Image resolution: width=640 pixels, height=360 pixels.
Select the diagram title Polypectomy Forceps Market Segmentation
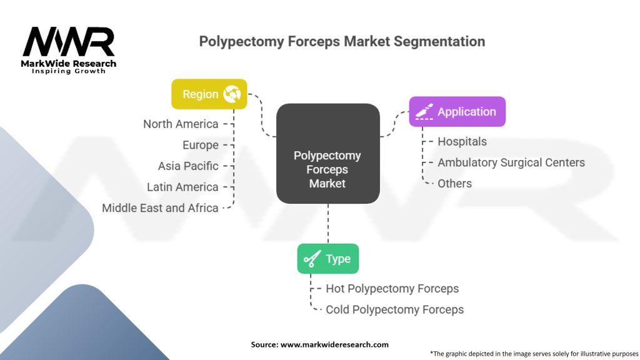[x=341, y=41]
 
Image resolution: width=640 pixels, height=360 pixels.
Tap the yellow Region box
[x=209, y=94]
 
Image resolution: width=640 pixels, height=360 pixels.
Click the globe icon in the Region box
[x=232, y=94]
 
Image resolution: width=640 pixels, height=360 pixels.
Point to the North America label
[x=181, y=124]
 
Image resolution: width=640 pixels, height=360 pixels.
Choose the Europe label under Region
[x=200, y=145]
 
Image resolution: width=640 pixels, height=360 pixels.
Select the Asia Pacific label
[x=188, y=166]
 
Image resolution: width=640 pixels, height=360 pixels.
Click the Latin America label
[x=182, y=187]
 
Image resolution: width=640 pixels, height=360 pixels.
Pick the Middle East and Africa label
[x=160, y=208]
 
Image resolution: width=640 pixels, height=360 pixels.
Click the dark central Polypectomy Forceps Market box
[x=327, y=154]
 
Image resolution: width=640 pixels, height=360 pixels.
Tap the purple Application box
[x=457, y=112]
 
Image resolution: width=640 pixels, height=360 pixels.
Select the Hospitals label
[x=462, y=141]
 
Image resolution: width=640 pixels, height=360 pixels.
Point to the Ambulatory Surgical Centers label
[x=511, y=162]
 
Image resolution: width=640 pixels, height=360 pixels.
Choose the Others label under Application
[x=454, y=183]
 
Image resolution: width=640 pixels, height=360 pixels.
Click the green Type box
[x=327, y=259]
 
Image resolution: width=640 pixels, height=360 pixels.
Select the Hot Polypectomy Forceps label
[x=392, y=289]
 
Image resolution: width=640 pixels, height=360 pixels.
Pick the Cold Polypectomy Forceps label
[x=394, y=309]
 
